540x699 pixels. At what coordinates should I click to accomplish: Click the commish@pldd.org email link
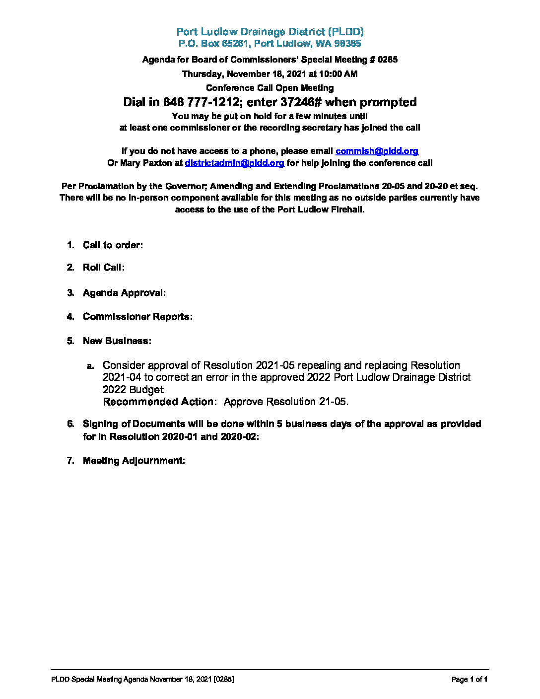click(x=377, y=151)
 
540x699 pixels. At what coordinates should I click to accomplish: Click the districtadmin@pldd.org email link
click(x=234, y=163)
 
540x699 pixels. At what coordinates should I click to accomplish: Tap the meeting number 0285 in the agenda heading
click(x=388, y=60)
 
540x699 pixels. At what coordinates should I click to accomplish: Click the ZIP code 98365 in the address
click(x=347, y=44)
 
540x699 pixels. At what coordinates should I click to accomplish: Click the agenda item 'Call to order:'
click(x=113, y=245)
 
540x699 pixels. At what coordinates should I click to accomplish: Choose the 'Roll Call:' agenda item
click(x=103, y=268)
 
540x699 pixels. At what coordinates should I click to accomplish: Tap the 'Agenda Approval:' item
click(x=124, y=293)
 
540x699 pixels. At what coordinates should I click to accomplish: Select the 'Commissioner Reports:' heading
click(x=137, y=317)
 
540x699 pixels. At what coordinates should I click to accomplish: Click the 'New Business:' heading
click(x=117, y=341)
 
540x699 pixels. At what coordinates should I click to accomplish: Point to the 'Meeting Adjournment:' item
click(x=134, y=461)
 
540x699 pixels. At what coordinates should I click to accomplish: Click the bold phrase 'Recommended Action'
click(x=158, y=402)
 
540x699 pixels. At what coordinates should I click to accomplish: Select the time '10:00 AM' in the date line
click(x=339, y=74)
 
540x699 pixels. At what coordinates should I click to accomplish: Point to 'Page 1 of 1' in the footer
click(x=470, y=679)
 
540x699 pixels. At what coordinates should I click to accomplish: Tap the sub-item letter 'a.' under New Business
click(x=90, y=366)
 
